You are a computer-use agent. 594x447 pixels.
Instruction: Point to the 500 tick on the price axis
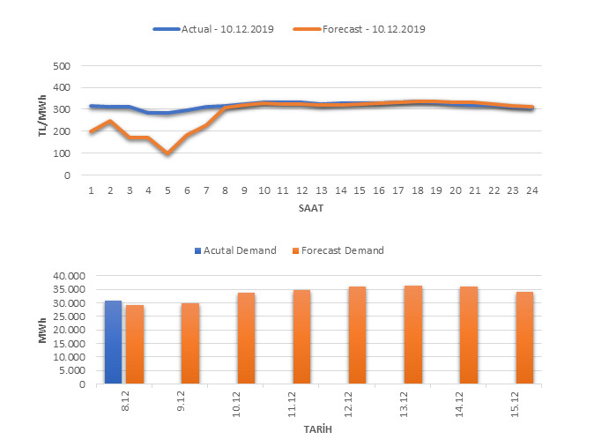coord(61,66)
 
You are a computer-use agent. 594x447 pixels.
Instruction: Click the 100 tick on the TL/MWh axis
coord(61,153)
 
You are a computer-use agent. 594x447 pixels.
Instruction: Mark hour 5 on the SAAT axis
coord(167,190)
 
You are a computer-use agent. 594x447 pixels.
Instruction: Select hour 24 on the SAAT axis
coord(531,190)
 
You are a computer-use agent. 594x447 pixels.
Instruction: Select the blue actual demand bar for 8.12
coord(113,342)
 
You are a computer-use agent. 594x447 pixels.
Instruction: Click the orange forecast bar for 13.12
coord(412,335)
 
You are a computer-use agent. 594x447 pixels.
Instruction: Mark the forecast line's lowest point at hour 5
coord(167,153)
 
